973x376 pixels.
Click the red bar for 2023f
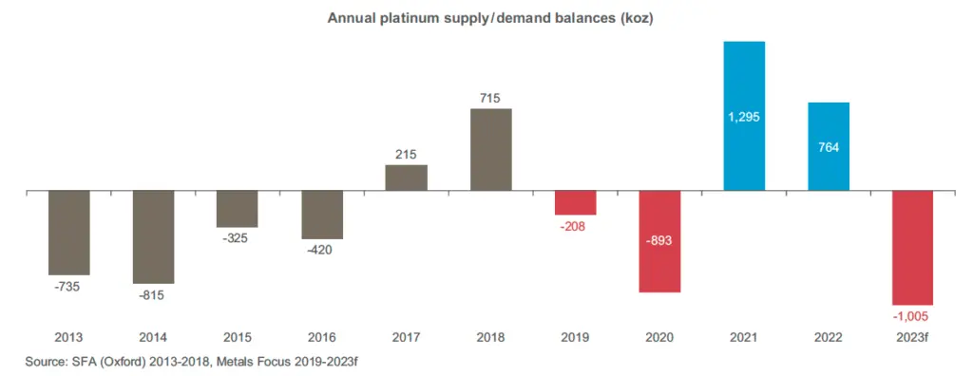click(x=912, y=247)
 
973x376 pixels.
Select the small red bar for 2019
click(x=575, y=202)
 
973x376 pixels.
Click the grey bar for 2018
click(x=490, y=149)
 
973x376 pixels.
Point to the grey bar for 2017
click(x=406, y=178)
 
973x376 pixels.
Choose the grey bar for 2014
click(x=153, y=236)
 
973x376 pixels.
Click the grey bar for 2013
click(x=68, y=233)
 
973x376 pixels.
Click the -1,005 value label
click(x=912, y=316)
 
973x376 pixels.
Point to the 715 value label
click(x=490, y=98)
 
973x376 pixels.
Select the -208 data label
click(x=575, y=227)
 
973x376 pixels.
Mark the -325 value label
click(x=238, y=239)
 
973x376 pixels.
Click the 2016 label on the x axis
click(x=322, y=337)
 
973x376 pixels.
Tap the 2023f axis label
click(x=912, y=337)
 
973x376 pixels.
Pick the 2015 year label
click(x=238, y=337)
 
